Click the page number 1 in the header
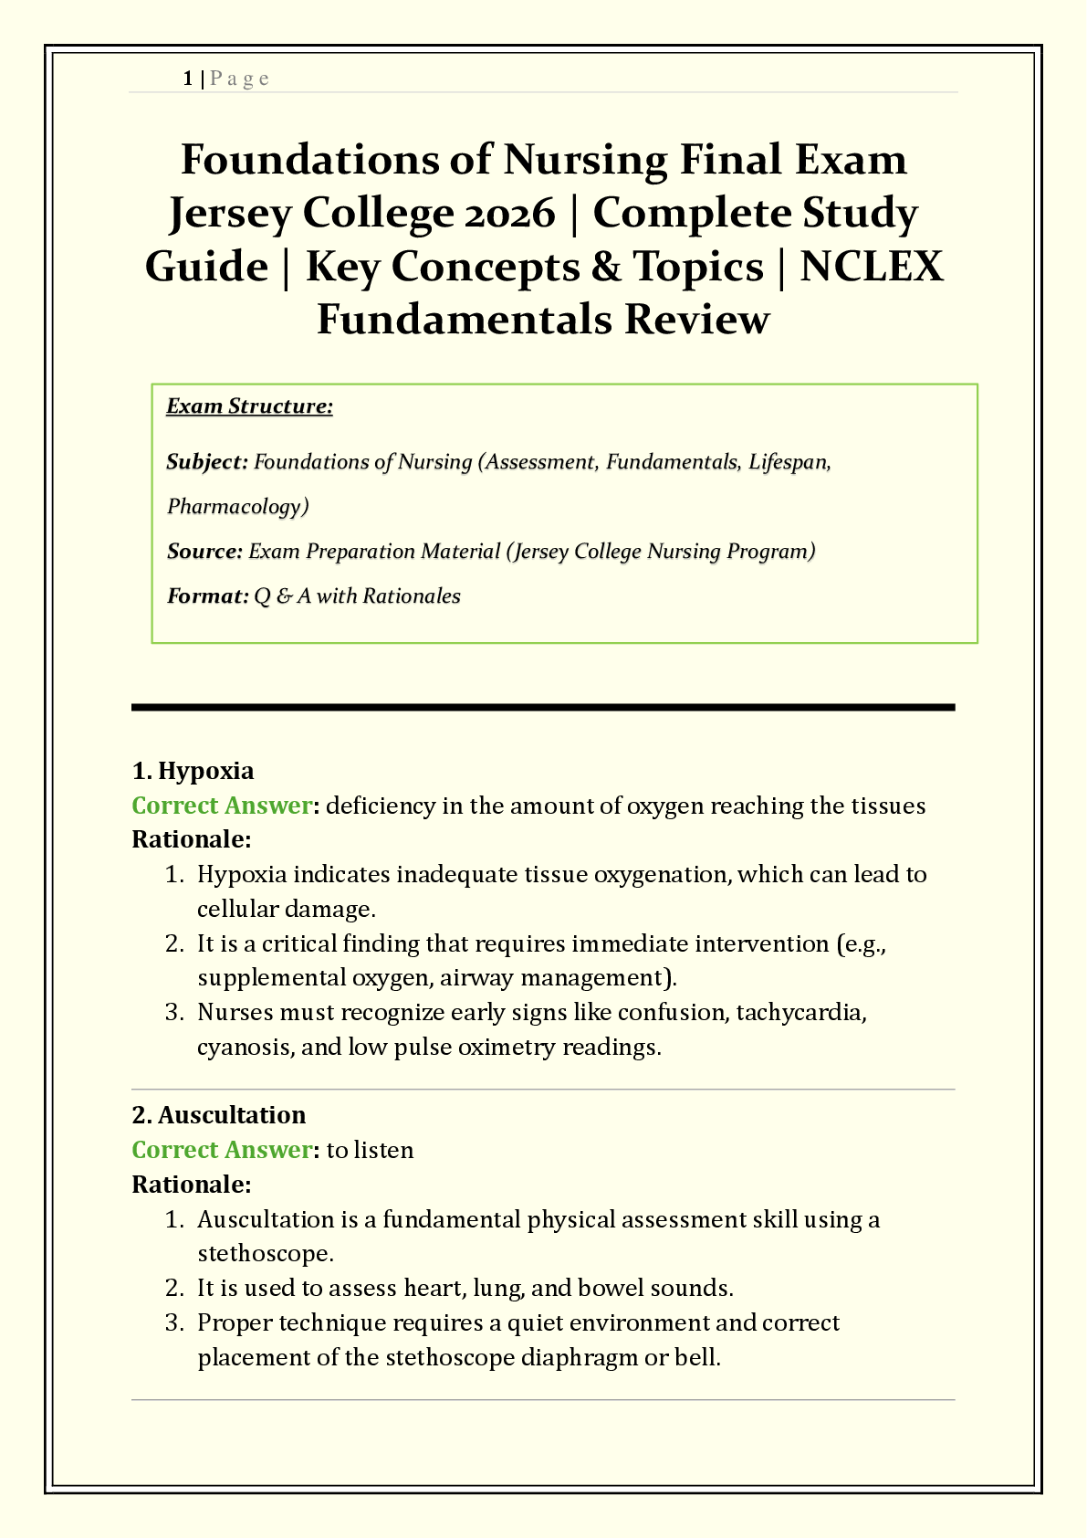coord(187,79)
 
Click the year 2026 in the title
coord(509,213)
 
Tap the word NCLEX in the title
coord(872,267)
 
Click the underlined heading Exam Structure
coord(249,406)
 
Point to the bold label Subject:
coord(207,462)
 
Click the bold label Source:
coord(204,552)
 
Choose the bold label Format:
coord(207,596)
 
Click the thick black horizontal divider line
coord(543,707)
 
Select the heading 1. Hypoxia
coord(193,771)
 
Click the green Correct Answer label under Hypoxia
coord(222,806)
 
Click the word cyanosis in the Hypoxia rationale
coord(242,1047)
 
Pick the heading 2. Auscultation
coord(219,1115)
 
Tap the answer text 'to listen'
coord(370,1150)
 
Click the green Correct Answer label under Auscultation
coord(222,1150)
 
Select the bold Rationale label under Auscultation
coord(191,1185)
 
